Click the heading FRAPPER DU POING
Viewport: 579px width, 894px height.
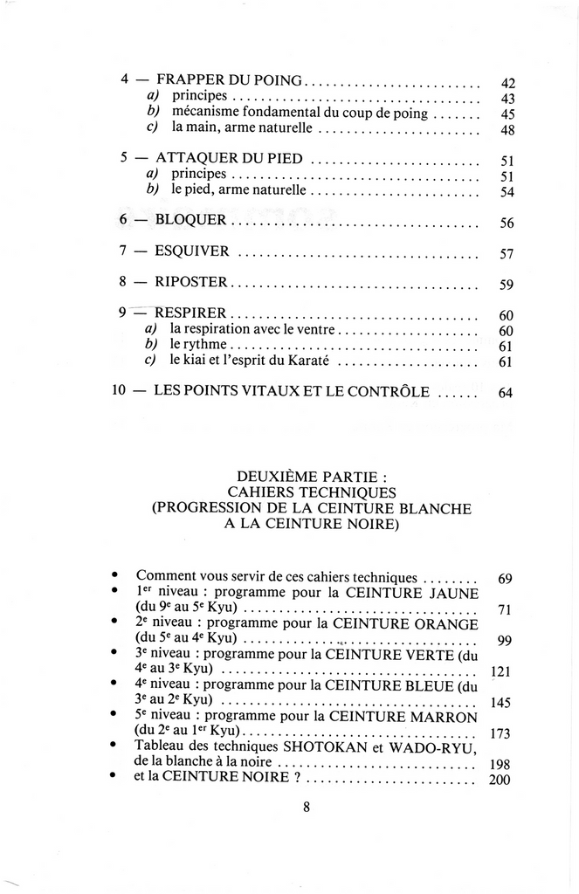click(x=229, y=80)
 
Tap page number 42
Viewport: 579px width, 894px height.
click(x=508, y=84)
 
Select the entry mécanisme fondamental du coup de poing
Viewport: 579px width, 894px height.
click(x=300, y=113)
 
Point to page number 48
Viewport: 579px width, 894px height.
click(x=508, y=130)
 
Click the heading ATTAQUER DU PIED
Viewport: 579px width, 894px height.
click(x=229, y=159)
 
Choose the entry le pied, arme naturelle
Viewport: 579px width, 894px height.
click(x=238, y=189)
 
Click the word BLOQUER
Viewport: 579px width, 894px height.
click(x=190, y=220)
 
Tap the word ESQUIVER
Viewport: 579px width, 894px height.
click(x=192, y=251)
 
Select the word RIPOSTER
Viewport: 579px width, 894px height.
click(x=190, y=282)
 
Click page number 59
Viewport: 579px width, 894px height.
click(x=507, y=285)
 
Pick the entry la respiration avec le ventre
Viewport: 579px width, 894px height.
click(x=252, y=329)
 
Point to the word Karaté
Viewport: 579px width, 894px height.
click(x=308, y=360)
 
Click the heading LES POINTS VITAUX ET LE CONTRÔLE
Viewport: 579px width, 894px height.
click(x=292, y=391)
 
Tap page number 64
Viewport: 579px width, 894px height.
click(x=506, y=393)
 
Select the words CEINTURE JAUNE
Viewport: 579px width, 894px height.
click(x=413, y=593)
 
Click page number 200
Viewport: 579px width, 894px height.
click(x=500, y=780)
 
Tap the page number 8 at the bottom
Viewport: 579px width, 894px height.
click(x=307, y=808)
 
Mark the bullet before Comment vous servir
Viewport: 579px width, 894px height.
click(x=115, y=575)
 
